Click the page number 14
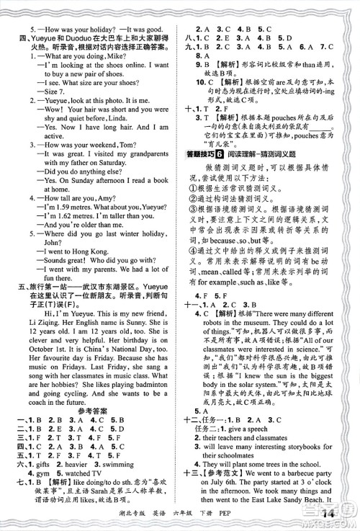(x=336, y=514)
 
